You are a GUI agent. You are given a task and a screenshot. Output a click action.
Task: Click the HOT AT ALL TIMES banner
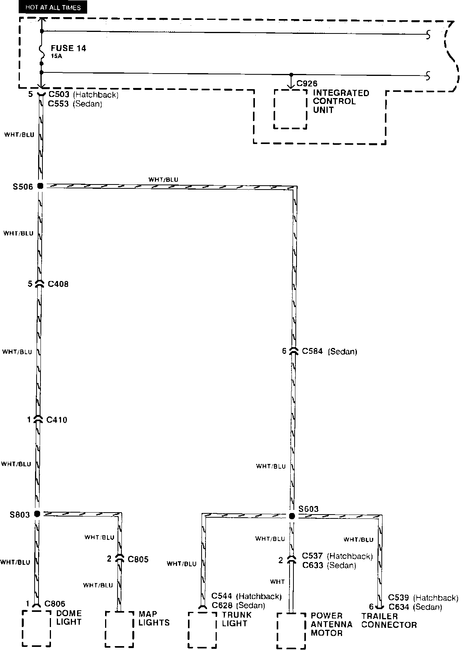point(53,7)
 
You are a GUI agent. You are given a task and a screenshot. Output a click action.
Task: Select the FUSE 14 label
point(68,48)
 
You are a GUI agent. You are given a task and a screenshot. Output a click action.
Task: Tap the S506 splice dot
point(40,186)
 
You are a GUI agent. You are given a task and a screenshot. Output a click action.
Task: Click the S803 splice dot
point(37,514)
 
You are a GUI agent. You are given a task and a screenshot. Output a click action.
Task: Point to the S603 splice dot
point(292,516)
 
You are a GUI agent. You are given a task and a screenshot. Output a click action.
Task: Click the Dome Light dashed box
point(37,628)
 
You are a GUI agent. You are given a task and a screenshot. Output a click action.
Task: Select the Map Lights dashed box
point(120,629)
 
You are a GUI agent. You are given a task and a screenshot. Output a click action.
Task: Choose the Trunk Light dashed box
point(202,629)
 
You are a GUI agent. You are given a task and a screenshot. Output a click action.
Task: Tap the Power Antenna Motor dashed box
point(291,631)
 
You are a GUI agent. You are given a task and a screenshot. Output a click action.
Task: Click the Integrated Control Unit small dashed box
point(290,109)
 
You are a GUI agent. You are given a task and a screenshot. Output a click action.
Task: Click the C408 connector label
point(58,284)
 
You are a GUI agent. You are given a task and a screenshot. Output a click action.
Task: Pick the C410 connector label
point(57,420)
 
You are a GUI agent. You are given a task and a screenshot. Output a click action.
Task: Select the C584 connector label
point(313,351)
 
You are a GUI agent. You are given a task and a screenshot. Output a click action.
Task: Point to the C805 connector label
point(138,559)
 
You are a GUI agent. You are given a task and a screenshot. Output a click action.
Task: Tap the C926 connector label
point(307,84)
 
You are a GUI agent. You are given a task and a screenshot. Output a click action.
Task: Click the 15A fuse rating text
point(56,56)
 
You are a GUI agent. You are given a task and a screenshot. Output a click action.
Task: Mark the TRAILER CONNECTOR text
point(389,620)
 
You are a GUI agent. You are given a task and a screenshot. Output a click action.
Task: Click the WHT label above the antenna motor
point(277,581)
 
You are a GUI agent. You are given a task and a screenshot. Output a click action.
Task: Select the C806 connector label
point(55,604)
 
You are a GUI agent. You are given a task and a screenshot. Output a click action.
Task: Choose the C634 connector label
point(399,607)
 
